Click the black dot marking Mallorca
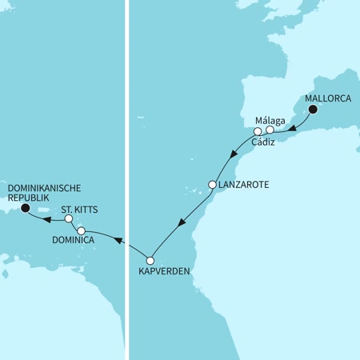coord(314,110)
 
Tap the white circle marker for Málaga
coord(270,130)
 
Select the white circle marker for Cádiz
coord(258,131)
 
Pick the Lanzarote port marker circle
coord(212,185)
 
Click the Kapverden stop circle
coord(150,260)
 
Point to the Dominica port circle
coord(82,230)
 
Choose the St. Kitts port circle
coord(69,218)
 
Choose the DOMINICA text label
coord(74,241)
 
